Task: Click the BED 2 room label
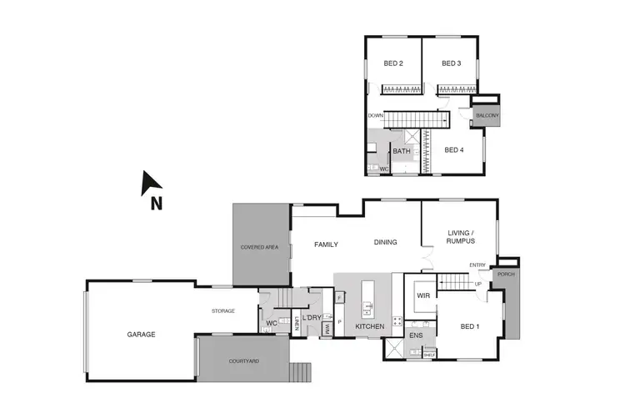point(393,63)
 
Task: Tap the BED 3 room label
point(452,63)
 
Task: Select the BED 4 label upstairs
point(453,150)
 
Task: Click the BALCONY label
point(487,116)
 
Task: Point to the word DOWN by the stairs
point(375,116)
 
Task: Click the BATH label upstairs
point(402,152)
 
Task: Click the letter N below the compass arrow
point(155,202)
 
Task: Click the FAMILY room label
point(325,245)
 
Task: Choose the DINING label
point(385,243)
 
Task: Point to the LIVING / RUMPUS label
point(461,238)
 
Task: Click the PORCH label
point(505,274)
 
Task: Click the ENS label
point(416,336)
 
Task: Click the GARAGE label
point(141,334)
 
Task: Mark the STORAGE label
point(222,310)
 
